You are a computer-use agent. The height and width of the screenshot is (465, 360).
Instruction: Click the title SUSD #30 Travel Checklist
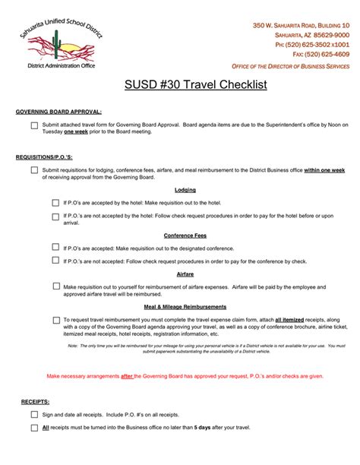[185, 85]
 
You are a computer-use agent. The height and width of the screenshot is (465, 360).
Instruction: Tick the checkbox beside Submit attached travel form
[34, 125]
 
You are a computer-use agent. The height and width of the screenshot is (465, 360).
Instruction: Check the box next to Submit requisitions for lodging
[34, 170]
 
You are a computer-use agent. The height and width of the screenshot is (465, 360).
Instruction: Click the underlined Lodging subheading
[185, 189]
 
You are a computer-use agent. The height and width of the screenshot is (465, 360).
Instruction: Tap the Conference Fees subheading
[185, 235]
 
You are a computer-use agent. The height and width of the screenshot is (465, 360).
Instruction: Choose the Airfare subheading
[185, 274]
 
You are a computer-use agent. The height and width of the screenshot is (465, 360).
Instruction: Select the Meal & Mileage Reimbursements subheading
[185, 306]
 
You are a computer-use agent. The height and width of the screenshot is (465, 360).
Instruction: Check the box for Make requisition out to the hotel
[55, 203]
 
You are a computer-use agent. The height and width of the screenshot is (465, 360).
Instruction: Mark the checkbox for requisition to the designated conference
[55, 247]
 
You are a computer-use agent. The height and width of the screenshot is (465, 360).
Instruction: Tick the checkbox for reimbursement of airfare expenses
[55, 286]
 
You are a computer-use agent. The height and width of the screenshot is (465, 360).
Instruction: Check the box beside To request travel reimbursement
[55, 320]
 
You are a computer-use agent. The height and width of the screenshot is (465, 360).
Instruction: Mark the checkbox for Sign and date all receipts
[34, 415]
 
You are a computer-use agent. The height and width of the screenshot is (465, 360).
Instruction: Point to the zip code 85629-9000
[328, 35]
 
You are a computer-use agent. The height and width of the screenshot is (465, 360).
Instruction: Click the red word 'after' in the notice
[128, 376]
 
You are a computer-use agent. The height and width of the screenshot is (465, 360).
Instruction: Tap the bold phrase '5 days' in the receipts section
[202, 428]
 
